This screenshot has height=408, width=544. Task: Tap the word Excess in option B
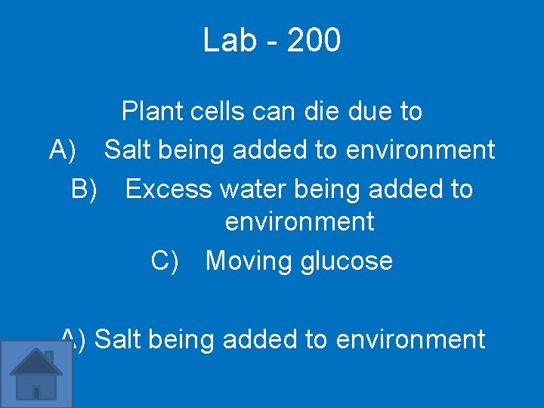pyautogui.click(x=168, y=189)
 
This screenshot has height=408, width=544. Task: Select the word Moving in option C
pyautogui.click(x=249, y=261)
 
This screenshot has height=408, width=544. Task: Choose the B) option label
pyautogui.click(x=85, y=189)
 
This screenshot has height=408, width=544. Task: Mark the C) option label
pyautogui.click(x=165, y=261)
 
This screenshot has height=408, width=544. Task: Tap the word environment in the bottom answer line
pyautogui.click(x=410, y=339)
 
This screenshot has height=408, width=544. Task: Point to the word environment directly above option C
pyautogui.click(x=299, y=222)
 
